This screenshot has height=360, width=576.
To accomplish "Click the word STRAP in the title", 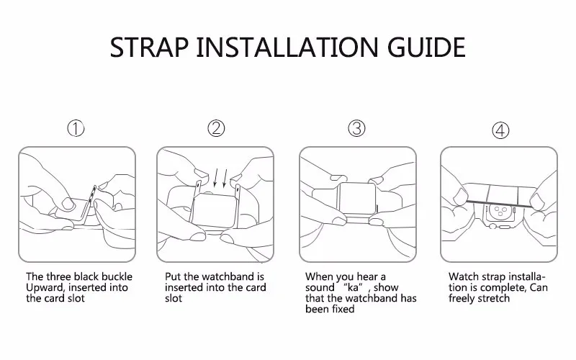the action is pyautogui.click(x=150, y=47).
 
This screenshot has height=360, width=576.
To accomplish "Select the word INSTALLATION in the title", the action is pyautogui.click(x=287, y=47).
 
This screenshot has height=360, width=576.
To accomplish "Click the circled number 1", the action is pyautogui.click(x=76, y=129).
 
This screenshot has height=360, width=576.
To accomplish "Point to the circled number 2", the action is pyautogui.click(x=216, y=129).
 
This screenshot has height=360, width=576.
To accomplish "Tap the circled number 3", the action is pyautogui.click(x=356, y=128).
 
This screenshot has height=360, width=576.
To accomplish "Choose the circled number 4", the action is pyautogui.click(x=500, y=130).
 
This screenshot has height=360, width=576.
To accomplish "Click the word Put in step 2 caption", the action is pyautogui.click(x=173, y=276).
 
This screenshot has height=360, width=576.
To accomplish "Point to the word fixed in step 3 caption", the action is pyautogui.click(x=343, y=309).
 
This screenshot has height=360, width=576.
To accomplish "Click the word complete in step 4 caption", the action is pyautogui.click(x=503, y=287).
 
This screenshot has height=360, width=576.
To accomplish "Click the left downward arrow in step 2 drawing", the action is pyautogui.click(x=215, y=178).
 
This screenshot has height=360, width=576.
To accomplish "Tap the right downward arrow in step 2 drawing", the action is pyautogui.click(x=225, y=178).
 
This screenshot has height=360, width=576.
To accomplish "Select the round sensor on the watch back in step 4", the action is pyautogui.click(x=499, y=212).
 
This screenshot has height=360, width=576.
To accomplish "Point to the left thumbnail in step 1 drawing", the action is pyautogui.click(x=68, y=204).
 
